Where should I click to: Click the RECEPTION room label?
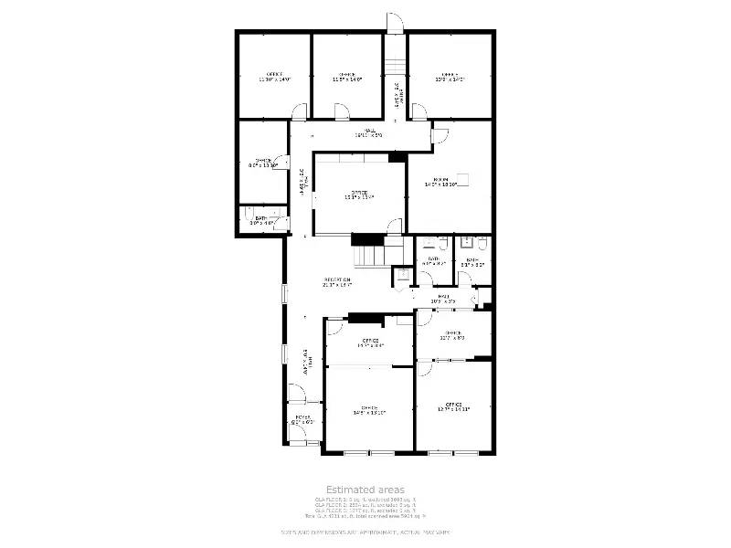[337, 282]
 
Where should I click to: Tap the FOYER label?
[302, 421]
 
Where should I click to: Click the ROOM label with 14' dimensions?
[441, 182]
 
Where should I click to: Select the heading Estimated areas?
[365, 490]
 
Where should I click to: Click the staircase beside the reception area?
[370, 248]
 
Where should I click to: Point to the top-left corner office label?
[274, 77]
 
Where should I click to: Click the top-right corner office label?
[449, 77]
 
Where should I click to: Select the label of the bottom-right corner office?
[454, 406]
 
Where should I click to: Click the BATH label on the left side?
[260, 220]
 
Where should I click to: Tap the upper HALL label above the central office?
[371, 134]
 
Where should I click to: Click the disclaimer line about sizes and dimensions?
[365, 532]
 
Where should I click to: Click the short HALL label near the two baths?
[442, 298]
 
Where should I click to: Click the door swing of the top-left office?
[299, 112]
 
